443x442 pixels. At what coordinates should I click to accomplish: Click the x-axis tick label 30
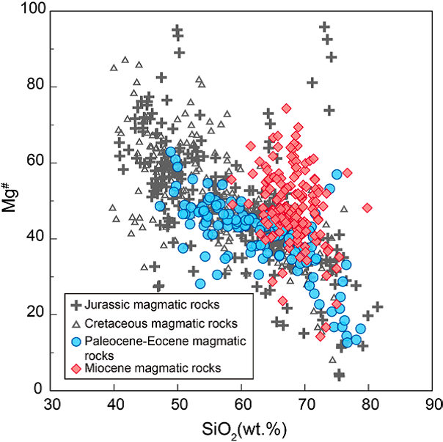pyautogui.click(x=51, y=405)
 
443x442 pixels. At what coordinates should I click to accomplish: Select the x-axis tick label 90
pyautogui.click(x=433, y=405)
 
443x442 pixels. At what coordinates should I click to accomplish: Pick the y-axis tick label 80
pyautogui.click(x=36, y=86)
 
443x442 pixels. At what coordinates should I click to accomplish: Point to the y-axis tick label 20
pyautogui.click(x=36, y=314)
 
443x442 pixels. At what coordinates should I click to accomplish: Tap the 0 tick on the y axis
pyautogui.click(x=40, y=390)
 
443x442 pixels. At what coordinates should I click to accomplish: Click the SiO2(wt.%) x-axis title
pyautogui.click(x=243, y=427)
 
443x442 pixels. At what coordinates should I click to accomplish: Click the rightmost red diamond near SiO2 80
pyautogui.click(x=367, y=207)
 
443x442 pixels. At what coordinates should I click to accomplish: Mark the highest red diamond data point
pyautogui.click(x=286, y=108)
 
